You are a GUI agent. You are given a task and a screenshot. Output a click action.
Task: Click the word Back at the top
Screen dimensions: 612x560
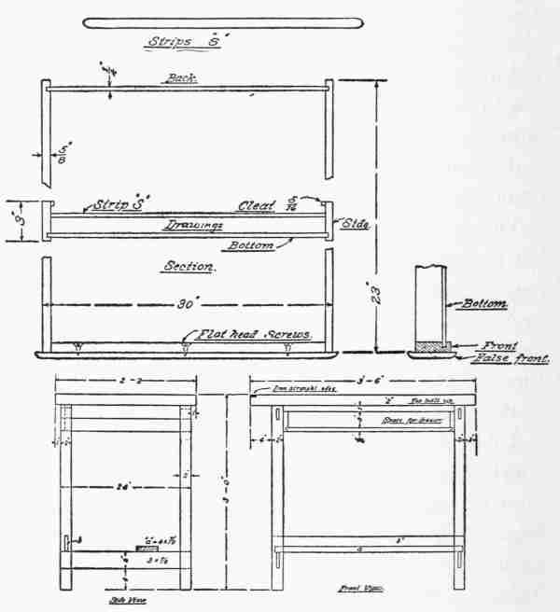[183, 78]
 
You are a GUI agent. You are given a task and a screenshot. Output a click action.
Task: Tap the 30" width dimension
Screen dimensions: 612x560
[184, 304]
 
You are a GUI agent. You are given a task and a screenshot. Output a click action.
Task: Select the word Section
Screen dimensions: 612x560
[189, 266]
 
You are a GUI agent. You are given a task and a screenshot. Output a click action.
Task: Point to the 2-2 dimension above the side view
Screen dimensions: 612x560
[127, 382]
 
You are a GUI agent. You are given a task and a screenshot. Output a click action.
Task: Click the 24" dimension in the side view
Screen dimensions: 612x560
[125, 485]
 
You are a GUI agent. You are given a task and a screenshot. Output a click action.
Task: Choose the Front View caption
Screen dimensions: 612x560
[357, 591]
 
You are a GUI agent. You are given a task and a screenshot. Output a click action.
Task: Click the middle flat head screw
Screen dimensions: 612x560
[186, 348]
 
